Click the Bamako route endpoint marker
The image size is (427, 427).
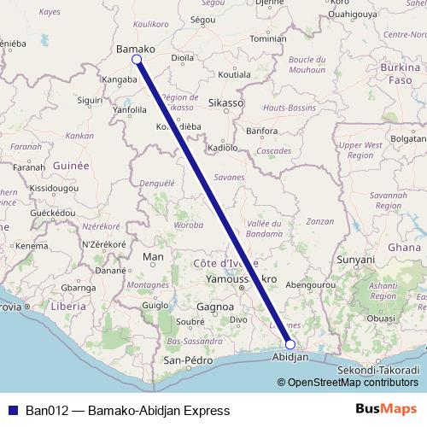[137, 60]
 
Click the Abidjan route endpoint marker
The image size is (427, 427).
[290, 344]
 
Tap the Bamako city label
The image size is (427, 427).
[135, 50]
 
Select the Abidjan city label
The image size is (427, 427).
[289, 358]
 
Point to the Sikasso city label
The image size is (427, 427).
[225, 102]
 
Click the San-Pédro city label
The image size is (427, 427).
[187, 360]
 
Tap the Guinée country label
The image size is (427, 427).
[69, 165]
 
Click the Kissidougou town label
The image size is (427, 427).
[54, 186]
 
